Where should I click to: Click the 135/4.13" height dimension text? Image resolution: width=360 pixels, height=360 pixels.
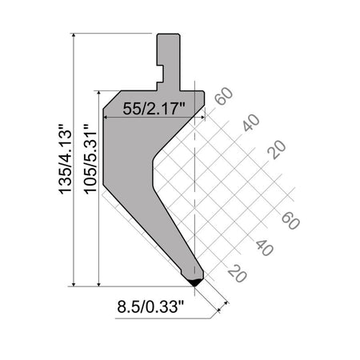(x=66, y=158)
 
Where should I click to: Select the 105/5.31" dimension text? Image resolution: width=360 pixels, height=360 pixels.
(x=90, y=158)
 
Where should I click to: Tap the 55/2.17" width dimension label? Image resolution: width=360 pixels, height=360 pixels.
(x=154, y=109)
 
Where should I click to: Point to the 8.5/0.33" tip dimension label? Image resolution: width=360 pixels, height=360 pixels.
(x=151, y=306)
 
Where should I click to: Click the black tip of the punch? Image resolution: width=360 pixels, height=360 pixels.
(x=195, y=283)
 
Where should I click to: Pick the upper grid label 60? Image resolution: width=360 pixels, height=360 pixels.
(x=224, y=96)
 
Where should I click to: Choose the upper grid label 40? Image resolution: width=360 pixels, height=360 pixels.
(x=250, y=122)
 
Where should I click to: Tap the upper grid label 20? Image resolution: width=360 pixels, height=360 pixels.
(x=277, y=150)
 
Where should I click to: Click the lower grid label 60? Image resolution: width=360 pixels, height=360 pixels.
(x=290, y=221)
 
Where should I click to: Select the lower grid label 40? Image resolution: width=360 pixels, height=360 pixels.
(x=264, y=247)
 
